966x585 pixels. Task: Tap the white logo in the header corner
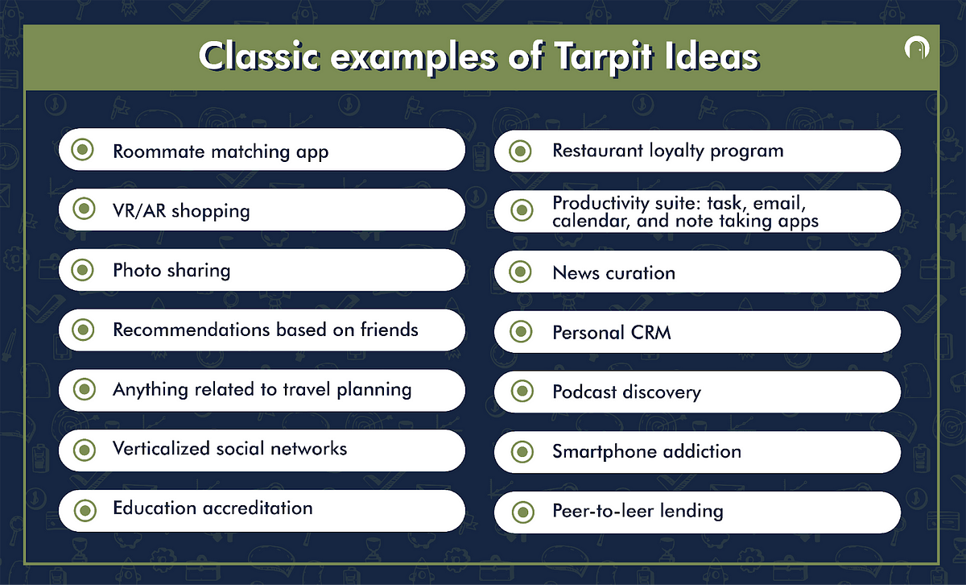[917, 48]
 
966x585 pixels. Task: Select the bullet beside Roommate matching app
[82, 150]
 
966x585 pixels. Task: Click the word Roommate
[159, 151]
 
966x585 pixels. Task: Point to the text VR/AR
[139, 210]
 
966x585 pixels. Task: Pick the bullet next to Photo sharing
[82, 270]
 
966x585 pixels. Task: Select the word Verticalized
[161, 449]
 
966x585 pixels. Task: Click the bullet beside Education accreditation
[85, 510]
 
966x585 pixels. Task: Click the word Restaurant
[597, 151]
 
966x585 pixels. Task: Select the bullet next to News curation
[521, 272]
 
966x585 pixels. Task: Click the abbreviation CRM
[650, 333]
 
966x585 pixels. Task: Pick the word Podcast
[584, 392]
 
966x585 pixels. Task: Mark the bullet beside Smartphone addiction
[522, 451]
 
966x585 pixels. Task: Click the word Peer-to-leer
[602, 511]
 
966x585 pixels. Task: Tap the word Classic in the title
[259, 57]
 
